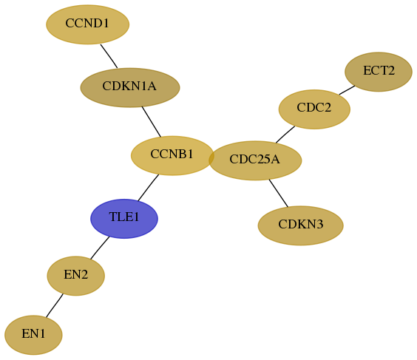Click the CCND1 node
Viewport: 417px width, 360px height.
88,24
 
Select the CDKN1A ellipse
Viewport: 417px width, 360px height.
130,87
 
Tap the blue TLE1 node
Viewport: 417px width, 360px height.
124,219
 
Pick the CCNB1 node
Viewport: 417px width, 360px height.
172,155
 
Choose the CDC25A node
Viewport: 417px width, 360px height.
255,160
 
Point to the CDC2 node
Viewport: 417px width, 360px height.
314,109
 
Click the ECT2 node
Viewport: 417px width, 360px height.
379,72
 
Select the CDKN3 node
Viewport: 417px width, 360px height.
300,225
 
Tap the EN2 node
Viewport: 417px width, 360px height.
76,276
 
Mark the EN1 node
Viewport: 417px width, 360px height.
33,335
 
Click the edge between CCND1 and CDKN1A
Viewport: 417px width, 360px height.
109,56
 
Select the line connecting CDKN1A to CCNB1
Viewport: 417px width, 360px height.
152,122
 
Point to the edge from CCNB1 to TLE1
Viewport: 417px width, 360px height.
148,188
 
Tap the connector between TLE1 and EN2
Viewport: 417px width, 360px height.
100,248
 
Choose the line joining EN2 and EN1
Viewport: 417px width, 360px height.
55,305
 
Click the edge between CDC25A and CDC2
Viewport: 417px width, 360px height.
285,135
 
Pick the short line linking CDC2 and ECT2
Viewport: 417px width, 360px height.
347,90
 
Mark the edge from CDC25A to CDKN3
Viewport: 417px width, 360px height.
279,193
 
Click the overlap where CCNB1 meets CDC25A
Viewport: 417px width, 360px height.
211,159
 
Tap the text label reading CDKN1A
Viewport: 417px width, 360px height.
129,86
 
